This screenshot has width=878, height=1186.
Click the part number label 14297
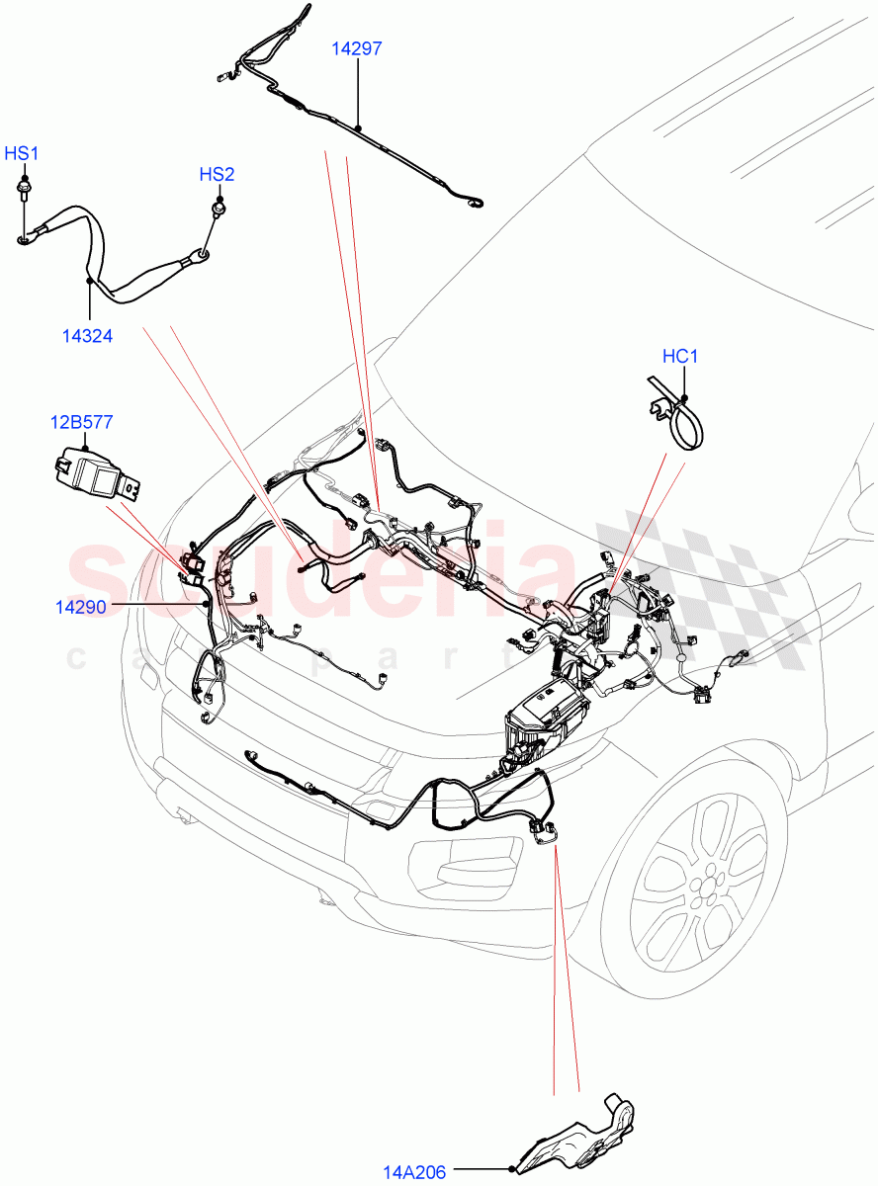click(x=357, y=48)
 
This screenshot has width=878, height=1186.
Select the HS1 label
click(x=22, y=153)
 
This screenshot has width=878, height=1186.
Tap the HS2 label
click(x=217, y=175)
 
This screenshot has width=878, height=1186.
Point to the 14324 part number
click(x=87, y=336)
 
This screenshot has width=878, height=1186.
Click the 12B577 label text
click(x=81, y=422)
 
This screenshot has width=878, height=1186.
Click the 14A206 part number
click(x=413, y=1172)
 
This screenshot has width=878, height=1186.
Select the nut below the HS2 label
click(x=216, y=209)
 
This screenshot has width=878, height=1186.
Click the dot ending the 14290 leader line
click(x=206, y=603)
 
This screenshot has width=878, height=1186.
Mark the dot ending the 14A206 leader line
click(x=510, y=1170)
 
